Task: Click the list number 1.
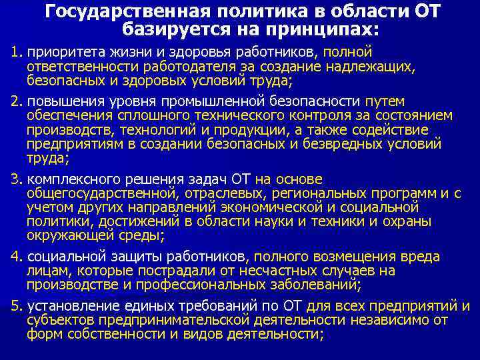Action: (x=17, y=52)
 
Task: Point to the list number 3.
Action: (x=17, y=179)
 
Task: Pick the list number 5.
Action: (x=17, y=306)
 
